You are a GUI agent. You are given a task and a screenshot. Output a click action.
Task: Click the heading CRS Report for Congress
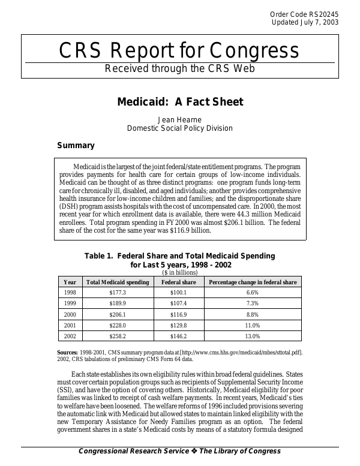coord(179,52)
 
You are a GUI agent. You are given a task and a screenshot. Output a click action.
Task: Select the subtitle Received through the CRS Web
coord(180,68)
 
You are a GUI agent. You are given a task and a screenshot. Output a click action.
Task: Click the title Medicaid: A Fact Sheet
coord(180,102)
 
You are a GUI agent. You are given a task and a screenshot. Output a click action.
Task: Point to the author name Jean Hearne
coord(180,119)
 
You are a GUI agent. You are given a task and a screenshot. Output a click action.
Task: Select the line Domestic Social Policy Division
coord(180,128)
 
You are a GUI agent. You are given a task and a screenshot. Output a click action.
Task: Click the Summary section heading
coord(76,145)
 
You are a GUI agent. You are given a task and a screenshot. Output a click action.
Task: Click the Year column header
coord(70,282)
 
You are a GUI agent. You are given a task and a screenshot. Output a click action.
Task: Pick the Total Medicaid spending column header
coord(118,282)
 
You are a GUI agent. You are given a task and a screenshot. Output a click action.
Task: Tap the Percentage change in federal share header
coord(252,282)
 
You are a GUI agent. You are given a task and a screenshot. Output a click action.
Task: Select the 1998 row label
coord(70,293)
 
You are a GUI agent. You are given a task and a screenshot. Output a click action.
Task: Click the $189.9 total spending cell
coord(118,303)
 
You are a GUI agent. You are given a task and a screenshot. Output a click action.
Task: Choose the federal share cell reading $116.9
coord(179,314)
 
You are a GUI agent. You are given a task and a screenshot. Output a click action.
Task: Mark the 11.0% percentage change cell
coord(252,325)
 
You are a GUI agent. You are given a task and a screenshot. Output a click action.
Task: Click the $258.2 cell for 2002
coord(118,336)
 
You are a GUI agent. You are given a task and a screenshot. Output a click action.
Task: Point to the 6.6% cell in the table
coord(252,293)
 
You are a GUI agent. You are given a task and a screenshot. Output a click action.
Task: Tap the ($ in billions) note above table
coord(180,272)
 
